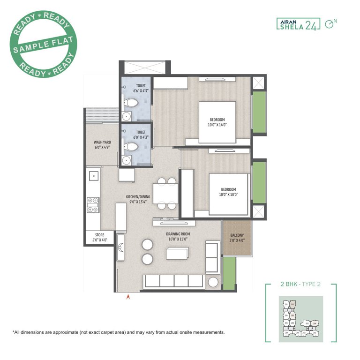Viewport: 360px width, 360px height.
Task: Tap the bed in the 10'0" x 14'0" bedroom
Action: click(x=217, y=122)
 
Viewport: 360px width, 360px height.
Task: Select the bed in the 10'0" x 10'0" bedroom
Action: click(x=228, y=192)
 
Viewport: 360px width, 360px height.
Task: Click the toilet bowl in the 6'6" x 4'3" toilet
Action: click(x=133, y=102)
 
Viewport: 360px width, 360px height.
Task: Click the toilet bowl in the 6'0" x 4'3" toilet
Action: click(x=133, y=147)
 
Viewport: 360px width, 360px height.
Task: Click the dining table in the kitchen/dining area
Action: click(x=166, y=193)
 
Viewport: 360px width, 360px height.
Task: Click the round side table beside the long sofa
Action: click(x=213, y=283)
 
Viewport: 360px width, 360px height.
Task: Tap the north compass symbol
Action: click(x=331, y=23)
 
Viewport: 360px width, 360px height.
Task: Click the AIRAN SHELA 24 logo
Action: click(x=298, y=24)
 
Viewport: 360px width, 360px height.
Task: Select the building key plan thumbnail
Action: click(x=300, y=319)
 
